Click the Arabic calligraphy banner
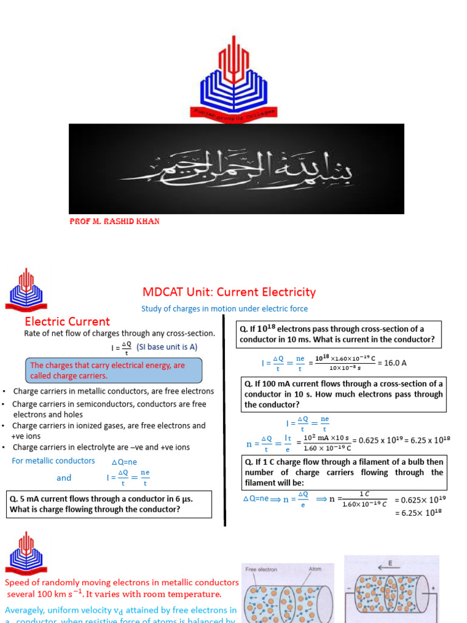(x=236, y=169)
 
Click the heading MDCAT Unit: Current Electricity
(x=229, y=292)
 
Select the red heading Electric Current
(x=67, y=321)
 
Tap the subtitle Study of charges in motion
(x=224, y=308)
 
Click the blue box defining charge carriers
(x=114, y=371)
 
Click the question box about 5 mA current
(x=109, y=504)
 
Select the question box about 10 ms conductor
(x=340, y=334)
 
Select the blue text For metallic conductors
(x=54, y=461)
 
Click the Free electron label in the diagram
(x=261, y=569)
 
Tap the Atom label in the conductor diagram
(x=316, y=569)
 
